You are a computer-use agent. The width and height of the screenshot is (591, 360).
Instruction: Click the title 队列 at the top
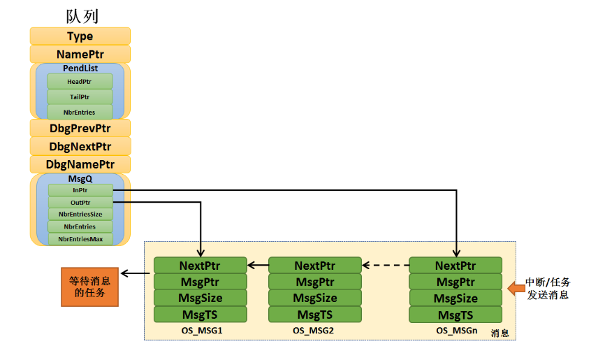click(80, 15)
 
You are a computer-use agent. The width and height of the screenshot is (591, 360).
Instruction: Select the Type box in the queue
click(80, 36)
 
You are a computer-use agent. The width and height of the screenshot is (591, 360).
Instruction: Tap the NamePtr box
click(80, 54)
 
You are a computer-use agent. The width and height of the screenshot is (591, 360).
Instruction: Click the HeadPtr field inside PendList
click(80, 82)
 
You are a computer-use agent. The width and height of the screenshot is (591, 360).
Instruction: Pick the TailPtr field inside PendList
click(80, 97)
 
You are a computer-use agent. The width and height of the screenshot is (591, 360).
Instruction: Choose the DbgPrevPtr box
click(80, 129)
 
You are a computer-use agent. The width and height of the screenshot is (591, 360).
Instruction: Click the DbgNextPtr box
click(80, 147)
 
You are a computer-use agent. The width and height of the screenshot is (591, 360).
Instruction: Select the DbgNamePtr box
click(80, 165)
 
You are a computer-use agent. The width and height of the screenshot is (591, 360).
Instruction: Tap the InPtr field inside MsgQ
click(80, 189)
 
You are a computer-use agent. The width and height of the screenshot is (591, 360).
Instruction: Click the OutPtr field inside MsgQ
click(80, 202)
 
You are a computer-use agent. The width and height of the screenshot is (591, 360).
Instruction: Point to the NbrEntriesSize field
click(80, 214)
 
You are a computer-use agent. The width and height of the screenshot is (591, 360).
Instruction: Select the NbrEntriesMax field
click(80, 239)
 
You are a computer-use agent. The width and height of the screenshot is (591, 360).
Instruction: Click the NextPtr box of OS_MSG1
click(200, 266)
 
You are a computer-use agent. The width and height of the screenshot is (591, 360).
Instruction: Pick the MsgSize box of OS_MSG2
click(315, 298)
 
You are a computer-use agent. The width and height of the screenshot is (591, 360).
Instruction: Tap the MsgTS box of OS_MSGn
click(455, 315)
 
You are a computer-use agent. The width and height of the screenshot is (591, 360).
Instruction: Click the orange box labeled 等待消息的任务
click(89, 287)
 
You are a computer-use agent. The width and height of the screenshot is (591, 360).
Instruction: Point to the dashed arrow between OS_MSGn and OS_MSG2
click(385, 266)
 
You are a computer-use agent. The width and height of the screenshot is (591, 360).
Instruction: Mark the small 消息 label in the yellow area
click(500, 333)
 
